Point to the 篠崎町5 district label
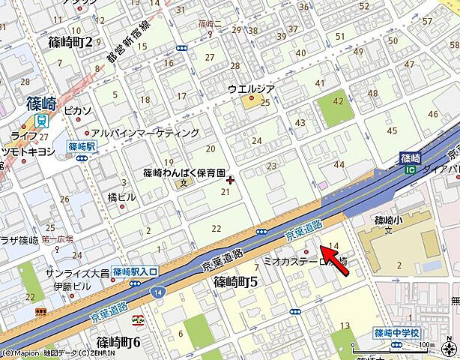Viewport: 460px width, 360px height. coord(236,282)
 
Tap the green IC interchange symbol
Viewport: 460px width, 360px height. coord(410,170)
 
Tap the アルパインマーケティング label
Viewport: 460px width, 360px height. coord(151,133)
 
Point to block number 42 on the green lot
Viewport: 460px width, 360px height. coord(339,101)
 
